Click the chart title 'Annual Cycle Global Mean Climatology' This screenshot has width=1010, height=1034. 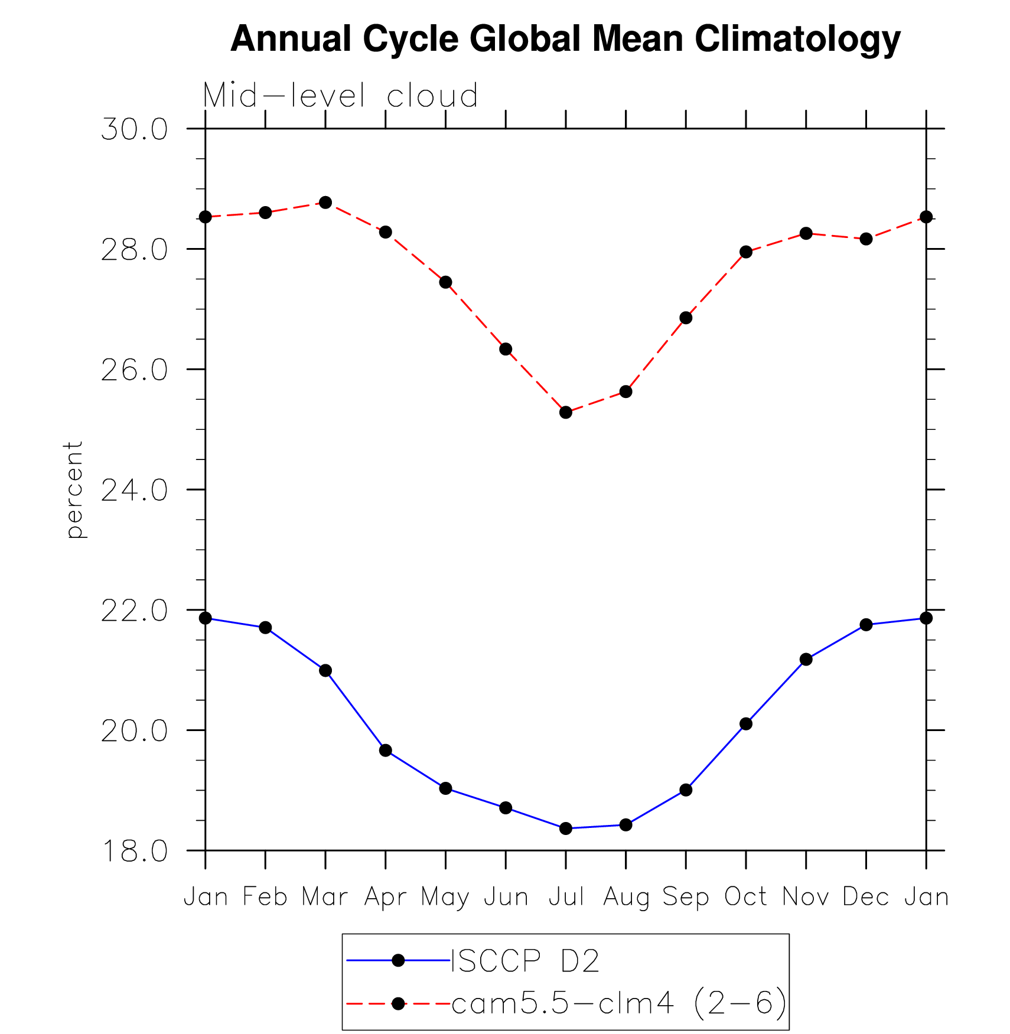[x=565, y=39]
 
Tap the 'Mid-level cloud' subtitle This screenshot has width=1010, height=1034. [x=340, y=96]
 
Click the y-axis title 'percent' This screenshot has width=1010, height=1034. [x=74, y=490]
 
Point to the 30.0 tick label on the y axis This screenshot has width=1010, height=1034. [x=134, y=129]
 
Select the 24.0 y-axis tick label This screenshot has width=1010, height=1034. [x=134, y=490]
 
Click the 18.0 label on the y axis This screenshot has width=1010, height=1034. [x=134, y=851]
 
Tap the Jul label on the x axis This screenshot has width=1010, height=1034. [x=566, y=896]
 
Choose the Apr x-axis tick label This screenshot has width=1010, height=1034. [x=386, y=898]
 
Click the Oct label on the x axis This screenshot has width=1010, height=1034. [x=745, y=896]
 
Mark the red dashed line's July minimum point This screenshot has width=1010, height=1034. [x=566, y=412]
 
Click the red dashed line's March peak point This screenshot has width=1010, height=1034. [x=325, y=203]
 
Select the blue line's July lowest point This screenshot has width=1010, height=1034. [x=566, y=828]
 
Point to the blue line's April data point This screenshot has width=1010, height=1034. [x=386, y=751]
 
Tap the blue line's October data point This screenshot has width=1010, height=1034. [x=746, y=723]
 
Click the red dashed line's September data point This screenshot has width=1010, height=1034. [x=686, y=318]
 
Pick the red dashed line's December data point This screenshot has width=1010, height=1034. [x=866, y=239]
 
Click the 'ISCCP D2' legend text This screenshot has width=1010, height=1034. [x=525, y=961]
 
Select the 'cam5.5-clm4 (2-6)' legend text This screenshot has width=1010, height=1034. [x=619, y=1003]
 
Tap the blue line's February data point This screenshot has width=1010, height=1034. [x=265, y=627]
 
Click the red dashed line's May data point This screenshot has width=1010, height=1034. [x=445, y=282]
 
